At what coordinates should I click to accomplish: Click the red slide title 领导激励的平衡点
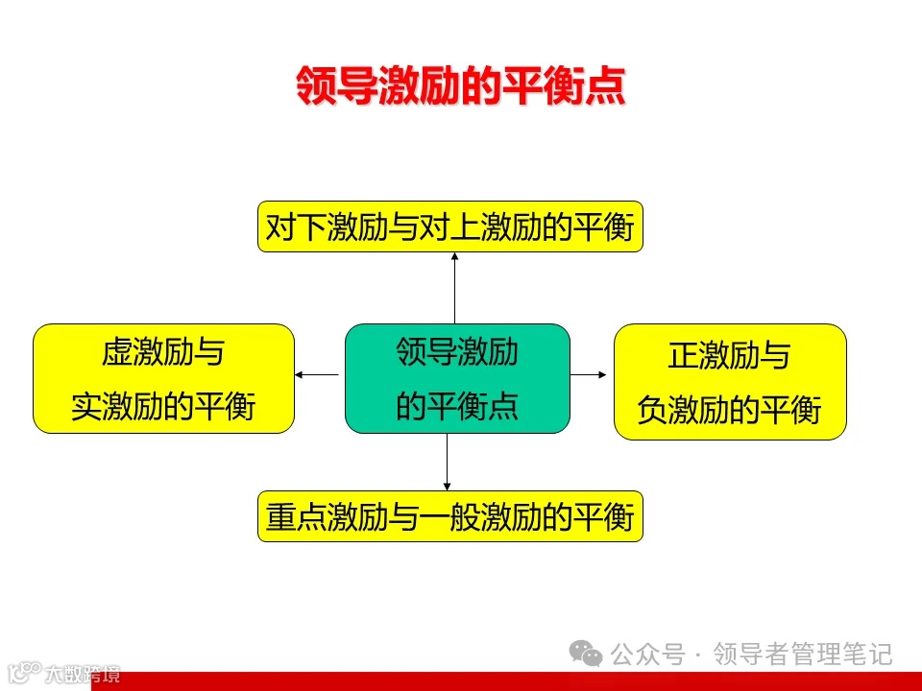tap(460, 85)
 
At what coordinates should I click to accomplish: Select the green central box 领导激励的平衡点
tap(457, 378)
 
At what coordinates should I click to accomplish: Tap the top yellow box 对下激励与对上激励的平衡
tap(449, 227)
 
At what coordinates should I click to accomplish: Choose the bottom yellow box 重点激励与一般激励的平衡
tap(449, 517)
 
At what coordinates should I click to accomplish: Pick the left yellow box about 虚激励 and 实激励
tap(163, 378)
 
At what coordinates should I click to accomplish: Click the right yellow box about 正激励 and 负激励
tap(730, 381)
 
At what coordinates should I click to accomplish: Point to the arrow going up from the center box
tap(454, 288)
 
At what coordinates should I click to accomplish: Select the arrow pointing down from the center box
tap(448, 461)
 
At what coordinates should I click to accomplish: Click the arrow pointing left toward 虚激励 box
tap(319, 374)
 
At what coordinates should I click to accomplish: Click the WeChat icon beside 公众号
tap(586, 655)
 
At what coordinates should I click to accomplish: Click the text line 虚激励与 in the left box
tap(163, 352)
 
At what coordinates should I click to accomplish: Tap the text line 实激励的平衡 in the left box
tap(163, 407)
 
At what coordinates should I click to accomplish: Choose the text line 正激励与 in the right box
tap(730, 356)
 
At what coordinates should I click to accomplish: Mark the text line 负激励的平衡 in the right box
tap(730, 410)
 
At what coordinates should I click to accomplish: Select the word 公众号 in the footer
tap(648, 655)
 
